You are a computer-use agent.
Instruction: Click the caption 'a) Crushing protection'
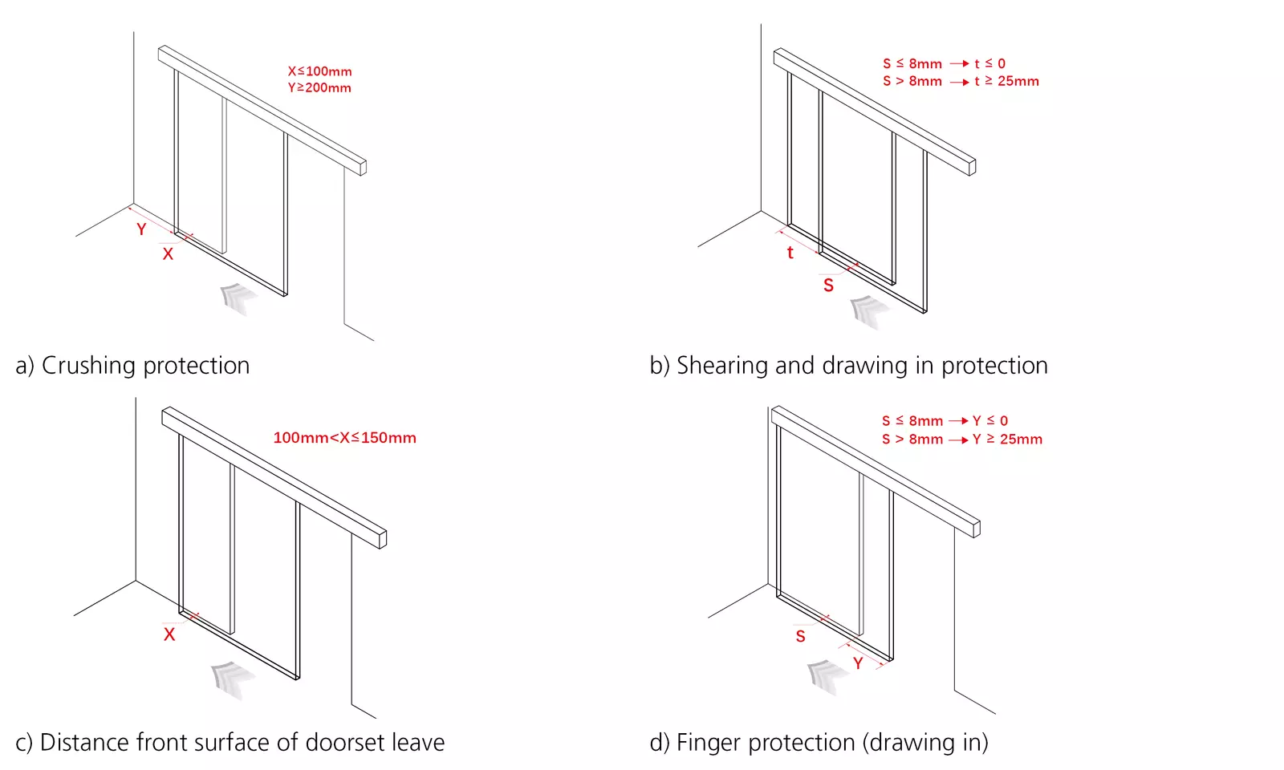pos(132,366)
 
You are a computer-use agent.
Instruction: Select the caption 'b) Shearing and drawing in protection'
pos(848,366)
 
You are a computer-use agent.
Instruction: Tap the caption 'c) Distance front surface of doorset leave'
pos(230,743)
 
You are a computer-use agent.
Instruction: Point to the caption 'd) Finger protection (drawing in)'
pos(819,743)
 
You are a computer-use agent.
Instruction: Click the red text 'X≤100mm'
pos(319,71)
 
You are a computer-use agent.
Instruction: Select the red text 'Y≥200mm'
pos(319,87)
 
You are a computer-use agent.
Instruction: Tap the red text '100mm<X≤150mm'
pos(344,438)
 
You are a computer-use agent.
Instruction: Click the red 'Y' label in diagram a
pos(141,229)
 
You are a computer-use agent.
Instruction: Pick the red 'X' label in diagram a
pos(168,254)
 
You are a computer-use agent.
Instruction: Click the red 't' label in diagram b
pos(790,253)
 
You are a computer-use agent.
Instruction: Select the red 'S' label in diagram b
pos(828,286)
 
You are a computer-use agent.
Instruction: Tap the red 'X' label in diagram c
pos(169,634)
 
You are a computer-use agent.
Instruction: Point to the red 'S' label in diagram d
pos(800,637)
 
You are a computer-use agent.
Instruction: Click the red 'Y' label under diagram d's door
pos(858,663)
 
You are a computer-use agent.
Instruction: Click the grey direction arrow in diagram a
pos(238,298)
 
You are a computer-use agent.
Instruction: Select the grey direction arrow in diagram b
pos(867,310)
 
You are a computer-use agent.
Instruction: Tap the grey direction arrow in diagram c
pos(229,678)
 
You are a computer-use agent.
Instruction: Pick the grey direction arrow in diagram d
pos(824,675)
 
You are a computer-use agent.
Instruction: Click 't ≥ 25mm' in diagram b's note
pos(1006,81)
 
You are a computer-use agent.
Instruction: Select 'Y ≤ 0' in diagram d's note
pos(990,421)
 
